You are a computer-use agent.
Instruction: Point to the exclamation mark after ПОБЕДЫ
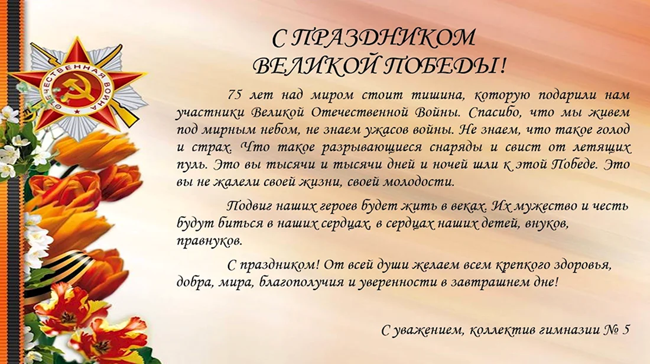(502, 66)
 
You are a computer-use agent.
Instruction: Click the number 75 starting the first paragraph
(234, 95)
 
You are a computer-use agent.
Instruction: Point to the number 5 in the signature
(626, 330)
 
